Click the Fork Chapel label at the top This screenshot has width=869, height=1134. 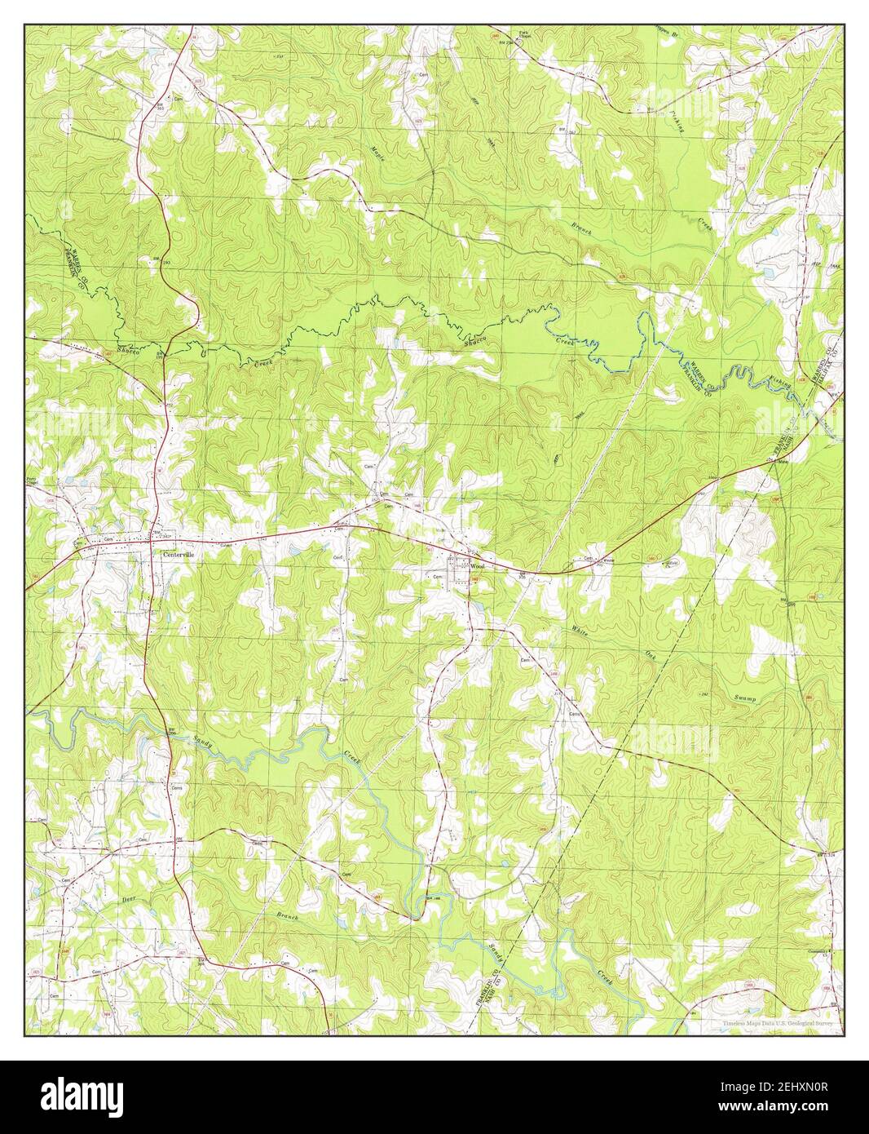[527, 35]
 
